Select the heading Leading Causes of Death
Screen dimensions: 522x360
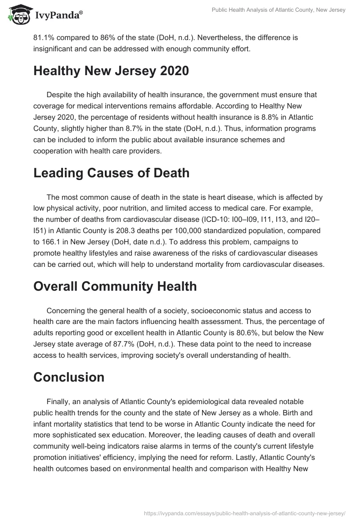111,173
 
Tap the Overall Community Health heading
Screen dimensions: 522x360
115,287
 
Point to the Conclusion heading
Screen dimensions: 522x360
69,377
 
